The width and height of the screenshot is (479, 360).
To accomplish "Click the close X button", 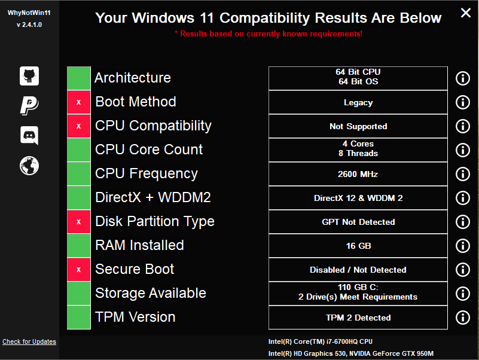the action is pos(466,13).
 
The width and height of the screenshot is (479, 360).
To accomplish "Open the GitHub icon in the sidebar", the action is pos(29,76).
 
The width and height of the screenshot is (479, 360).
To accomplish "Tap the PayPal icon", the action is pos(29,106).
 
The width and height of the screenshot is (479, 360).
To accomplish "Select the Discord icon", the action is pos(29,135).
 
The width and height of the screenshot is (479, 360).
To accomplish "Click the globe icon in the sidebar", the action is pos(29,166).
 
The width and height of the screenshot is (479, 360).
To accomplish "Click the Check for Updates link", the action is pos(29,341).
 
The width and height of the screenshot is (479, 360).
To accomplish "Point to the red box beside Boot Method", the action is pos(79,102).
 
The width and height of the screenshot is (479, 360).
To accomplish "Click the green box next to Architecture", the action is pos(79,78).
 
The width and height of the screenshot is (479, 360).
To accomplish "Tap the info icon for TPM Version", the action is pos(463,318).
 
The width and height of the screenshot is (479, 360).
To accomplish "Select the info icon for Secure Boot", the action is pos(463,270).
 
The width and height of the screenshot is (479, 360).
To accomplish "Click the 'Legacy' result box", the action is pos(358,102).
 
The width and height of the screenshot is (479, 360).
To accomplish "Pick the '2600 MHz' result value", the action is pos(358,174).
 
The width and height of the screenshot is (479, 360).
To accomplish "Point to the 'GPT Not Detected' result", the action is pos(358,222).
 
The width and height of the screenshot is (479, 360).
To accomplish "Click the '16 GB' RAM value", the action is pos(358,246).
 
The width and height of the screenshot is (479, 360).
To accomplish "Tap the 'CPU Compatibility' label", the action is pos(153,126).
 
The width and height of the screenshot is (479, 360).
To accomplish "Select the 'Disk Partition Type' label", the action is pos(155,222).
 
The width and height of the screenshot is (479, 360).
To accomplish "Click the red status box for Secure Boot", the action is pos(79,270).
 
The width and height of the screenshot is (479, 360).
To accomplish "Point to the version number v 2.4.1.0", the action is pos(29,25).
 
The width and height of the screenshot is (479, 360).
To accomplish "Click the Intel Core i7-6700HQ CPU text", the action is pos(321,341).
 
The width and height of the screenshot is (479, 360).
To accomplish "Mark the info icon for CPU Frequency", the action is pos(463,174).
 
